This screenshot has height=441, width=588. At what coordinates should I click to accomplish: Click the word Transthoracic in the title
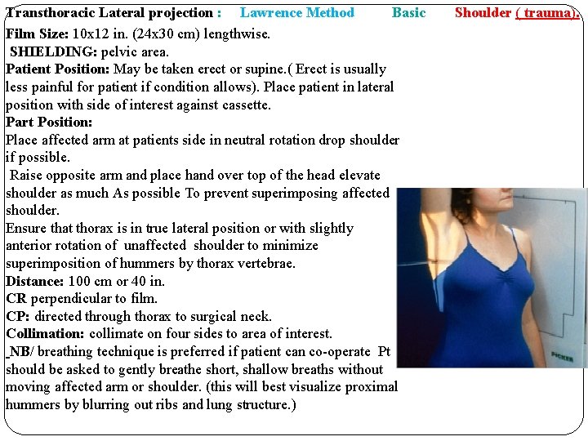coord(45,13)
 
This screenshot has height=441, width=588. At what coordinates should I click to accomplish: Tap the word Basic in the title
coord(408,13)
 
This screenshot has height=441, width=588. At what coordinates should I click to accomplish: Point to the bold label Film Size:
coord(37,34)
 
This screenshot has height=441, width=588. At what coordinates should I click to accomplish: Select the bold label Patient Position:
coord(58,69)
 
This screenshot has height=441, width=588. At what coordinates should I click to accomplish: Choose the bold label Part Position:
coord(49,122)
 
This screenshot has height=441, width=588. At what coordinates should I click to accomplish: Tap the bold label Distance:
coord(35,281)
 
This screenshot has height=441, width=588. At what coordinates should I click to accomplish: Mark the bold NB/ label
coord(22,352)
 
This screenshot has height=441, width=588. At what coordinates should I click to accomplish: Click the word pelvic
coord(118,51)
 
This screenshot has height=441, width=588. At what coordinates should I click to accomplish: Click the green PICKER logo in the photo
coord(562,357)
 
